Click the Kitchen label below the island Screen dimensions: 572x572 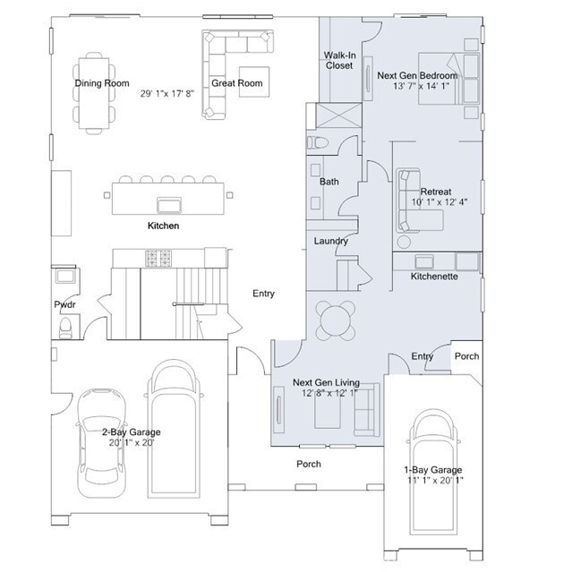pos(163,226)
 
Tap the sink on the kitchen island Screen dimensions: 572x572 pos(166,201)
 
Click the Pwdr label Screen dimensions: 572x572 pos(64,305)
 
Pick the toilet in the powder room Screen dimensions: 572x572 pos(64,328)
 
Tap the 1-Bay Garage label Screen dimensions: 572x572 pos(433,470)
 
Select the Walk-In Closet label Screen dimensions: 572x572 pos(338,60)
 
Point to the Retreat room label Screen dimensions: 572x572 pos(436,192)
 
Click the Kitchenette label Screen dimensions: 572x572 pos(434,277)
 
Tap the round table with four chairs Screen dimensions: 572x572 pos(336,320)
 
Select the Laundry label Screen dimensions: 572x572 pos(330,241)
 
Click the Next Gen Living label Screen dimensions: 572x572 pos(326,382)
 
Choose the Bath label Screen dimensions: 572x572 pos(329,182)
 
